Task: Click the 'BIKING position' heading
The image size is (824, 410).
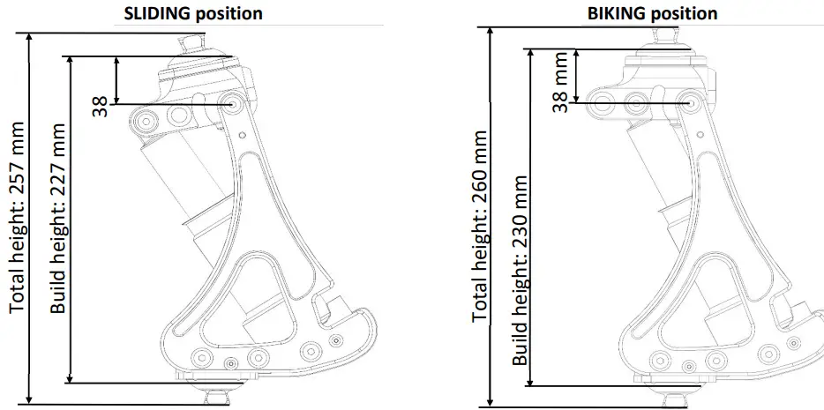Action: [x=652, y=13]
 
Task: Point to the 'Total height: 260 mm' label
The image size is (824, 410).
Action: [x=480, y=225]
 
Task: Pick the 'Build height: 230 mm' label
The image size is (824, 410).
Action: [x=521, y=270]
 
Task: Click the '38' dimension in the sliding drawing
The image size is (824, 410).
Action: [x=101, y=106]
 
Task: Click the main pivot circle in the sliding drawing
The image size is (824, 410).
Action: [x=235, y=103]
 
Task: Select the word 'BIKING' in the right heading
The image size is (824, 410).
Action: [x=618, y=13]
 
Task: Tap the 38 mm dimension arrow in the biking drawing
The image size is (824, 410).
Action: [x=575, y=75]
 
